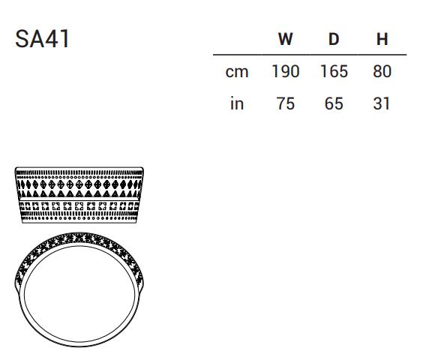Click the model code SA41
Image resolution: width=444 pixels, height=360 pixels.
[42, 39]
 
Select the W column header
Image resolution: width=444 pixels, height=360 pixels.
[285, 39]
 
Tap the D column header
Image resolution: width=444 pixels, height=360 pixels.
[334, 39]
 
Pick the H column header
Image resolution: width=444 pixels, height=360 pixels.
[382, 39]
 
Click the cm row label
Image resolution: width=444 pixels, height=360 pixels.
[237, 72]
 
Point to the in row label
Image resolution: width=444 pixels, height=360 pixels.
[237, 103]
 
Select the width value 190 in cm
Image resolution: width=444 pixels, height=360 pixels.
[286, 71]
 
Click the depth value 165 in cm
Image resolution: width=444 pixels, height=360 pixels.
[334, 71]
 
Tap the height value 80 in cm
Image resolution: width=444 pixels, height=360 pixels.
[382, 71]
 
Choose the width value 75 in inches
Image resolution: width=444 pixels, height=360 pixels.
[286, 103]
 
